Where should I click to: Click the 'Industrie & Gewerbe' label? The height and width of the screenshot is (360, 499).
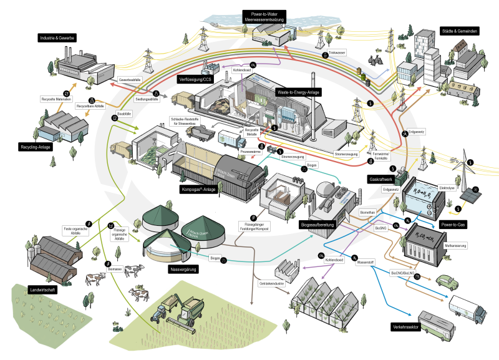(57, 38)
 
